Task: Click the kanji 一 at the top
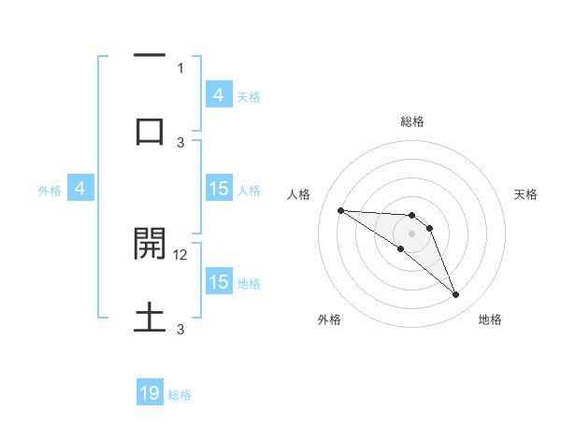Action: click(x=150, y=58)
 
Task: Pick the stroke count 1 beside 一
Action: click(x=180, y=67)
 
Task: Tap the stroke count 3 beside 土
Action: click(x=180, y=330)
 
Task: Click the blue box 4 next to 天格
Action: click(x=218, y=94)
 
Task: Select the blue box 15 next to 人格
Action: click(x=218, y=189)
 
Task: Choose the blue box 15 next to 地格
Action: click(x=218, y=282)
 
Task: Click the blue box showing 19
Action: click(x=150, y=393)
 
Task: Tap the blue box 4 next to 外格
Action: click(x=80, y=189)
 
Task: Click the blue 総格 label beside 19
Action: click(x=180, y=395)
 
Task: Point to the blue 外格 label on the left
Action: click(x=50, y=190)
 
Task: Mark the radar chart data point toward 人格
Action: click(x=340, y=210)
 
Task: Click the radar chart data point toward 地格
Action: click(x=456, y=295)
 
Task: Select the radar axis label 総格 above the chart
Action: click(x=411, y=121)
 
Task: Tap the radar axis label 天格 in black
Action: click(x=526, y=194)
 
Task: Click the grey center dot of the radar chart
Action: click(x=411, y=233)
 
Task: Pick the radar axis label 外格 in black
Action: click(x=329, y=319)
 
